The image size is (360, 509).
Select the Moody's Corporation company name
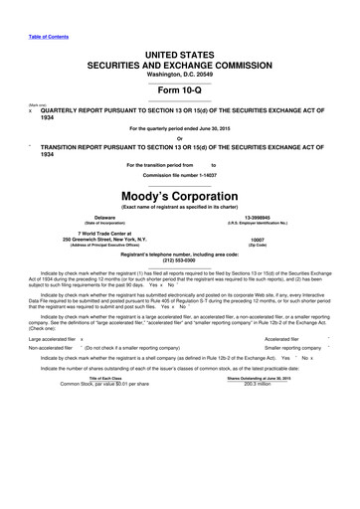click(x=180, y=199)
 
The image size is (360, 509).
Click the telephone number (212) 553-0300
click(x=180, y=261)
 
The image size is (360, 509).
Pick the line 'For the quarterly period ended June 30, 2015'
click(x=180, y=130)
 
